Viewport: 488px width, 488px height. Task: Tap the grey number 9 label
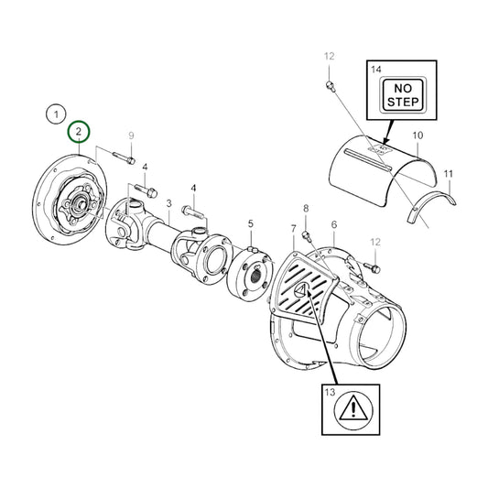pyautogui.click(x=131, y=136)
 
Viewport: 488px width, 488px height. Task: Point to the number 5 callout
pyautogui.click(x=251, y=223)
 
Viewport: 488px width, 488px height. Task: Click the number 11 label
pyautogui.click(x=449, y=173)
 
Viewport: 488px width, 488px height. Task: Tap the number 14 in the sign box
pyautogui.click(x=374, y=70)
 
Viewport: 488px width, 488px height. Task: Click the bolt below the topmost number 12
pyautogui.click(x=329, y=86)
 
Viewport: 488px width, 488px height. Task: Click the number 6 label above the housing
pyautogui.click(x=334, y=224)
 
